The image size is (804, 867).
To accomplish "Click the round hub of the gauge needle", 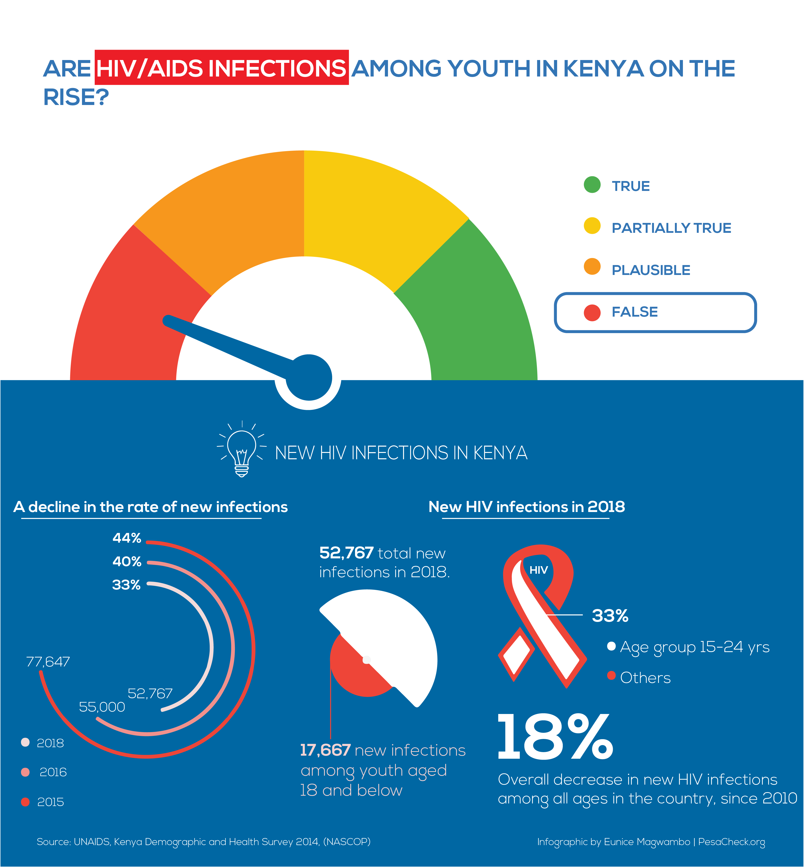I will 309,377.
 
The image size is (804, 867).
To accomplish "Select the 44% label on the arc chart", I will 127,538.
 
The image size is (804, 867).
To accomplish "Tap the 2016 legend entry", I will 53,772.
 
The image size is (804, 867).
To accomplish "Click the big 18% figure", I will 555,738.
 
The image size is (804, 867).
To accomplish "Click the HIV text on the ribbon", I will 538,570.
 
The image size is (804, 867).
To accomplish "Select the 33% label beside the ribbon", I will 610,616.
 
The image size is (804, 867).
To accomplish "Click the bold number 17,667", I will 325,750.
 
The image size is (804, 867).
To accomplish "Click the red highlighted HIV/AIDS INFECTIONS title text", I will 221,68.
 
